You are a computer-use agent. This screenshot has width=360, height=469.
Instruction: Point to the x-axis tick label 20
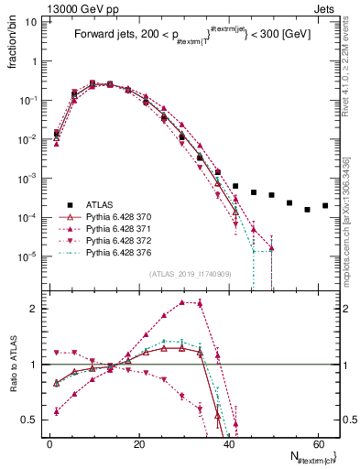[x=137, y=443]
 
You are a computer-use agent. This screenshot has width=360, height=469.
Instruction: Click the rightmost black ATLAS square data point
[x=325, y=205]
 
